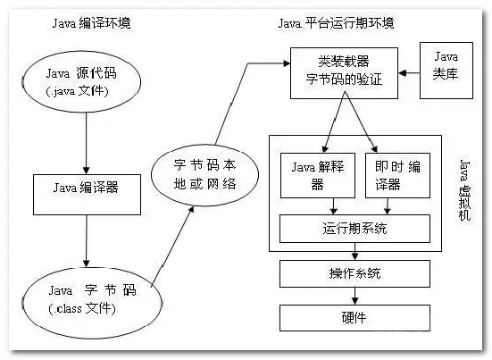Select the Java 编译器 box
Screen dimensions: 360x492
coord(85,188)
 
